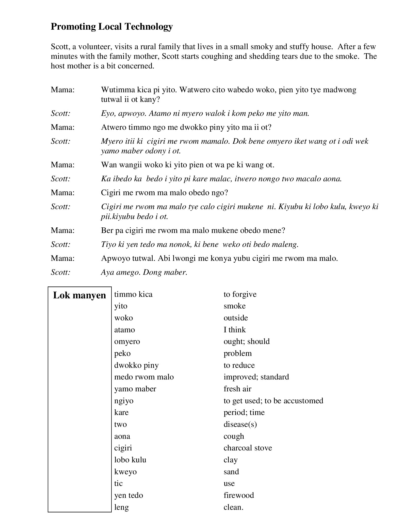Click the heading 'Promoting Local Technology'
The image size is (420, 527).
pos(112,27)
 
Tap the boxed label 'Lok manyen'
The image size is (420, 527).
pos(79,295)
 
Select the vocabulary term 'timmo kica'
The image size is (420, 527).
pos(133,294)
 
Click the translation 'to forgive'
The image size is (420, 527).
pos(240,294)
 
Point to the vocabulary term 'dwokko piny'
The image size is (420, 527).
pos(136,365)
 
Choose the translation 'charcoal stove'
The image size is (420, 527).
pos(248,448)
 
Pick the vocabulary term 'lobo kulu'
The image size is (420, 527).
pos(130,460)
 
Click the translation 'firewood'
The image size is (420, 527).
pos(239,495)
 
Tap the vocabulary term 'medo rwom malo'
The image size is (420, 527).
pos(144,377)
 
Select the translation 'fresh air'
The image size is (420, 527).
pos(237,389)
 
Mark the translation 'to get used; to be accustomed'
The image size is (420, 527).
pos(273,401)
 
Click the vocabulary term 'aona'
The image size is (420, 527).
pos(122,436)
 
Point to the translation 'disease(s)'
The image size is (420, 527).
pos(240,424)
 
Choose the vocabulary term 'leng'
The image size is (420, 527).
pos(121,507)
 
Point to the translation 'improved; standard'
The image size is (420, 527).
pos(256,377)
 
